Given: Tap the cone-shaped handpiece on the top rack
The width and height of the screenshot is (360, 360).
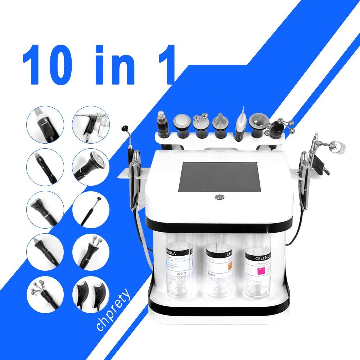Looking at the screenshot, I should coord(219,124).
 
